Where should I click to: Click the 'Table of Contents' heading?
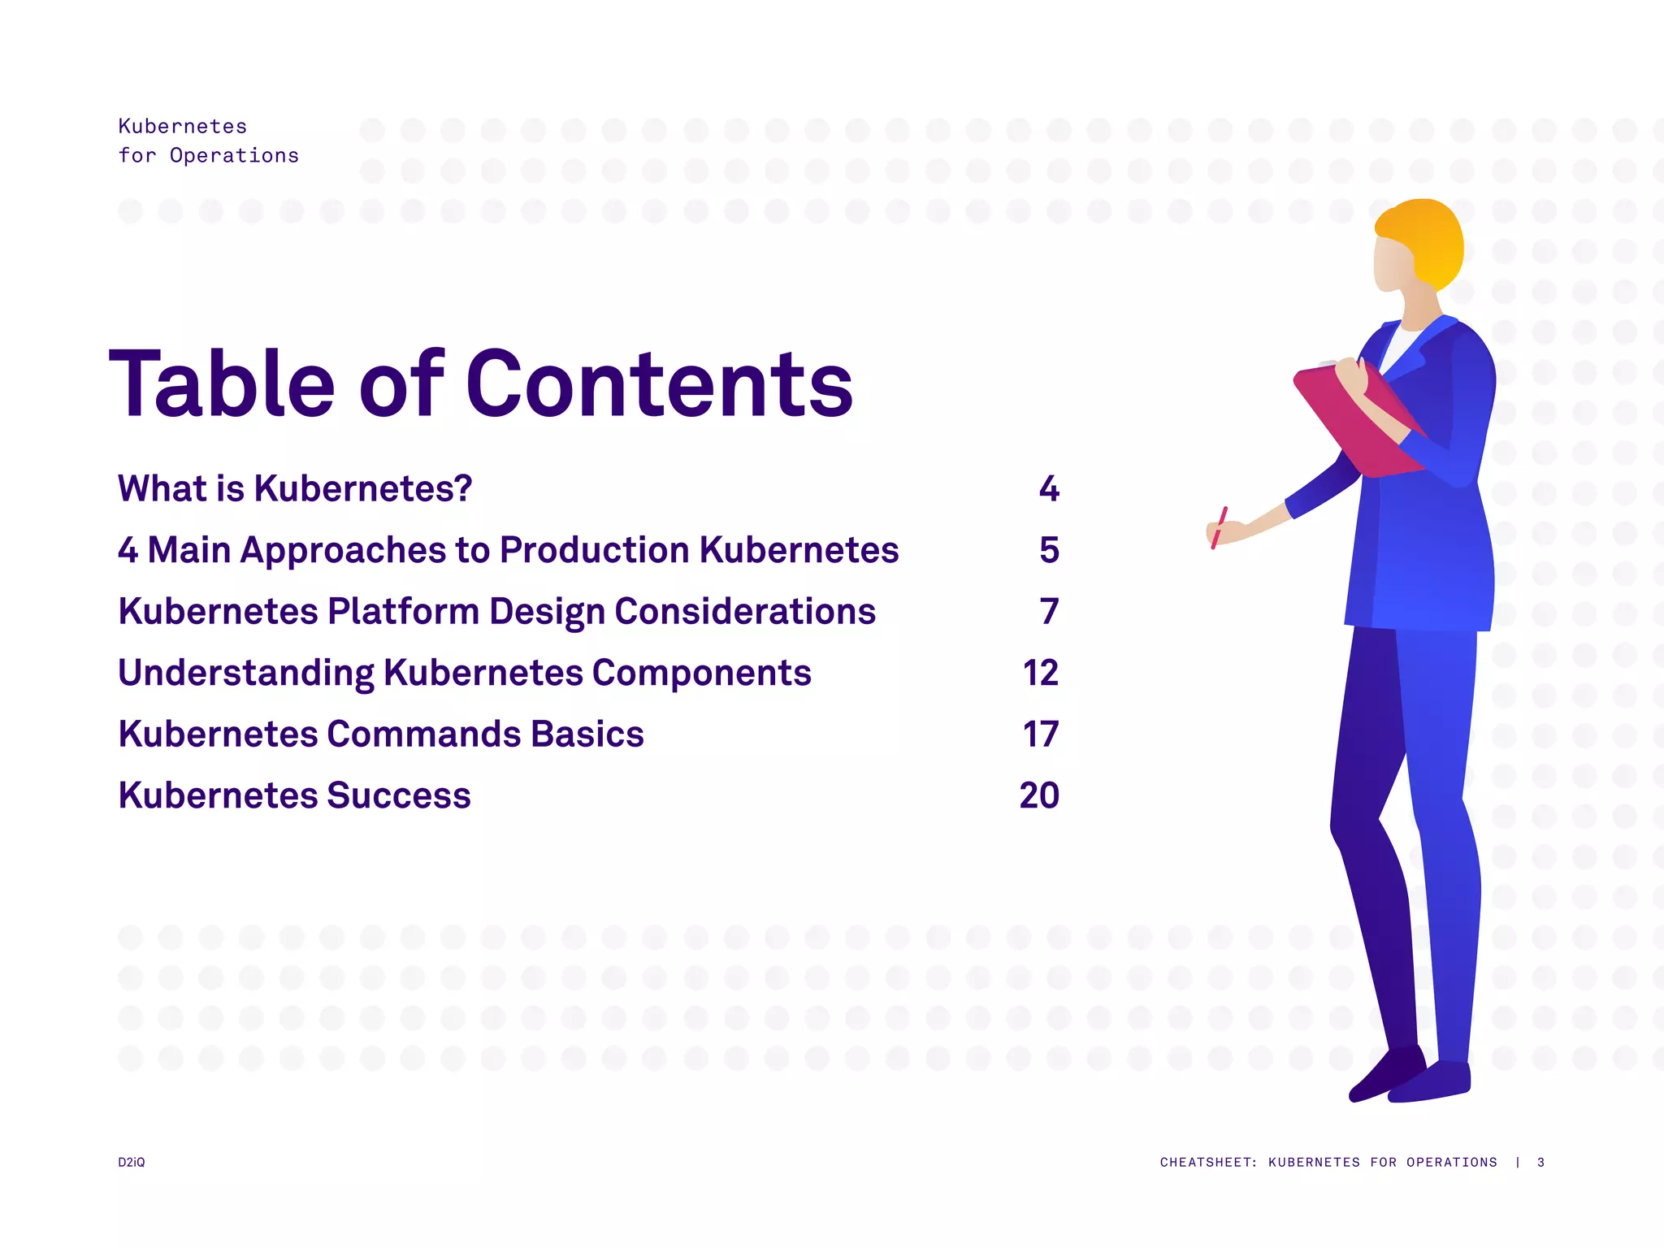[x=481, y=383]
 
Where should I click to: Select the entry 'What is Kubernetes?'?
[x=295, y=488]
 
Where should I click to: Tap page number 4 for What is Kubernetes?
[x=1049, y=488]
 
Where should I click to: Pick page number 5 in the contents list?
[x=1049, y=550]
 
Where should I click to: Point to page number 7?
[x=1049, y=612]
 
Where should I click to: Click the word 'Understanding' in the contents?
[x=245, y=674]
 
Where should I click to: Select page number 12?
[x=1040, y=674]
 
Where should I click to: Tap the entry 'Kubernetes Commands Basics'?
[x=380, y=734]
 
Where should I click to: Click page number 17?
[x=1040, y=734]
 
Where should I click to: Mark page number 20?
[x=1039, y=795]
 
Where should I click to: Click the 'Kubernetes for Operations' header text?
[x=208, y=141]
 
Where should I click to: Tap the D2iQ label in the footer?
[x=132, y=1162]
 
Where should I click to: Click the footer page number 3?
[x=1540, y=1162]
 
